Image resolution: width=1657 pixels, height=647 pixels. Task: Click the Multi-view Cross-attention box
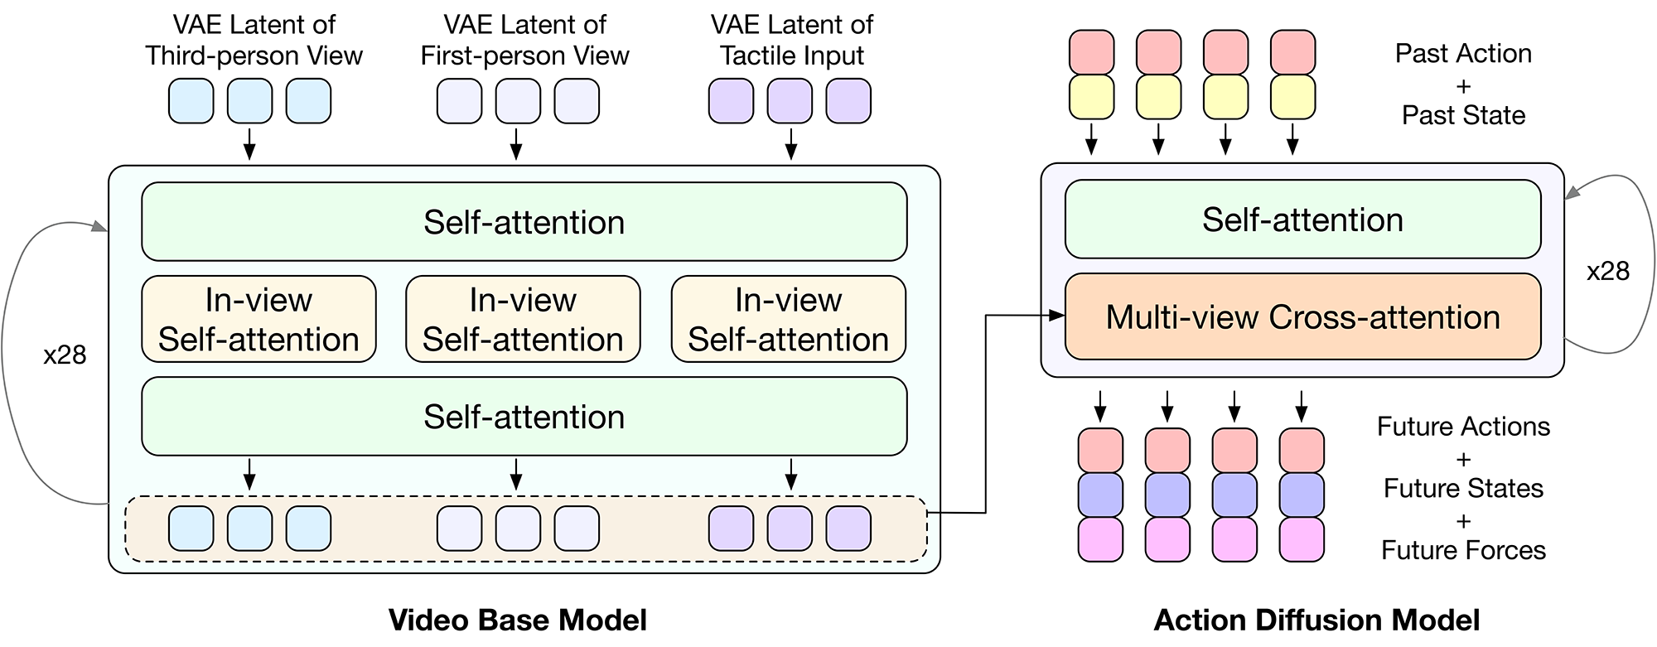click(1302, 317)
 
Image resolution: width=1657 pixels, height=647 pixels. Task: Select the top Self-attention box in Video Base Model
click(524, 222)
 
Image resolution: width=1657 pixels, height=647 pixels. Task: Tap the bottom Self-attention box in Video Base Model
click(524, 417)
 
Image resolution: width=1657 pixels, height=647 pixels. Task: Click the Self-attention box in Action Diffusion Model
click(1302, 220)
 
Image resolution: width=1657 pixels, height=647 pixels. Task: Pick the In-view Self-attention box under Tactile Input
click(788, 319)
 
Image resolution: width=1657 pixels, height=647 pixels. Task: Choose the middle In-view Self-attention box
click(523, 319)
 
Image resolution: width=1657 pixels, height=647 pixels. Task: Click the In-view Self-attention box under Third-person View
click(258, 319)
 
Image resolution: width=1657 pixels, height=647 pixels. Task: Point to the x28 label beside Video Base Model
click(65, 355)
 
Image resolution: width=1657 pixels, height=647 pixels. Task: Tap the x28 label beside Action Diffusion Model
click(1607, 271)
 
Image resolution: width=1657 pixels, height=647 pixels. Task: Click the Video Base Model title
click(518, 620)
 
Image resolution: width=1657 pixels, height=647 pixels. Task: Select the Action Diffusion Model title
click(1316, 620)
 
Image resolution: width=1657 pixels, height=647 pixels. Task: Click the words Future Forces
click(1463, 550)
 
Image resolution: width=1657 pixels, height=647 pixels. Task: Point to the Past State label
click(1463, 115)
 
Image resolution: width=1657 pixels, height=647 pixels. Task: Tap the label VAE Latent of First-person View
click(524, 40)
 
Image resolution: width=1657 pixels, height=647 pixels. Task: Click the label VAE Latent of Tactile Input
click(791, 40)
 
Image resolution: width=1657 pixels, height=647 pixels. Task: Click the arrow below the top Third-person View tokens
click(249, 142)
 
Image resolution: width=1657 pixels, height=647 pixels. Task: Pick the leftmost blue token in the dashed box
click(191, 529)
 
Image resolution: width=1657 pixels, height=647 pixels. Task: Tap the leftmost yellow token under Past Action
click(1091, 97)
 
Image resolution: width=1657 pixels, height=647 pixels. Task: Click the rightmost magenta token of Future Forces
click(1302, 539)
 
